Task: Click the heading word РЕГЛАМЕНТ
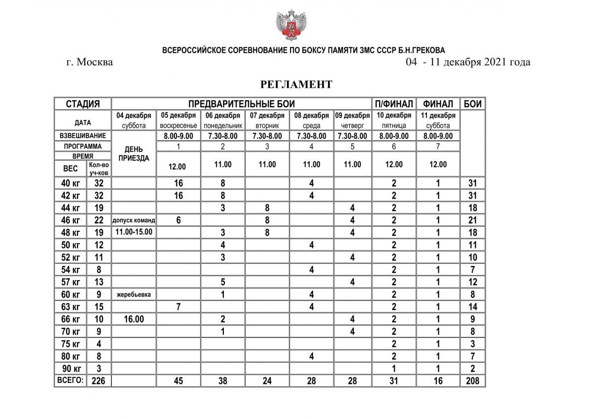[296, 84]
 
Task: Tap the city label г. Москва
[89, 62]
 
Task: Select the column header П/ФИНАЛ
[394, 104]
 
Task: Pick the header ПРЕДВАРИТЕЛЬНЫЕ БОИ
[242, 104]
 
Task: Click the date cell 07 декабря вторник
[267, 121]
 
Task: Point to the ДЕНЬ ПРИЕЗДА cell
[134, 154]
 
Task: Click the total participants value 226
[99, 381]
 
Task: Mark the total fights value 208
[473, 381]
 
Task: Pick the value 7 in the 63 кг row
[178, 307]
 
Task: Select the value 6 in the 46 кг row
[178, 220]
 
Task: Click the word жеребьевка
[134, 294]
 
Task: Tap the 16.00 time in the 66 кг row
[134, 319]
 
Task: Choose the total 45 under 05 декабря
[178, 381]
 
